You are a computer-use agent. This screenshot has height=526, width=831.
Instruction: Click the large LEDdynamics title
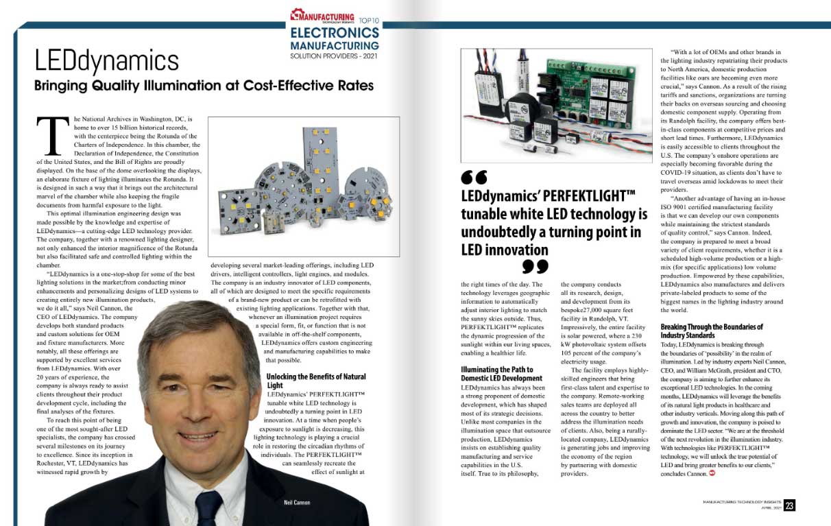tap(107, 61)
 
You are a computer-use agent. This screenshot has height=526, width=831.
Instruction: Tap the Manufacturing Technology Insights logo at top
tap(322, 16)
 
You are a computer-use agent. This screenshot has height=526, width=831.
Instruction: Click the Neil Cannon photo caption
tap(297, 503)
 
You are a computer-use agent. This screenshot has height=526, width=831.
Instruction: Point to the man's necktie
tap(208, 505)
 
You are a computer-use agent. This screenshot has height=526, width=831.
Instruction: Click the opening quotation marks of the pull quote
tap(474, 177)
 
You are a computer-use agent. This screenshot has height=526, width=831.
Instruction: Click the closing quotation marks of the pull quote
tap(535, 265)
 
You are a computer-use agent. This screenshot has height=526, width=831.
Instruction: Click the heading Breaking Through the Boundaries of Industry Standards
tap(712, 331)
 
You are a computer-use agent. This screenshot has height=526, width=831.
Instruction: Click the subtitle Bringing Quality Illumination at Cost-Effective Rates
tap(205, 86)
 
